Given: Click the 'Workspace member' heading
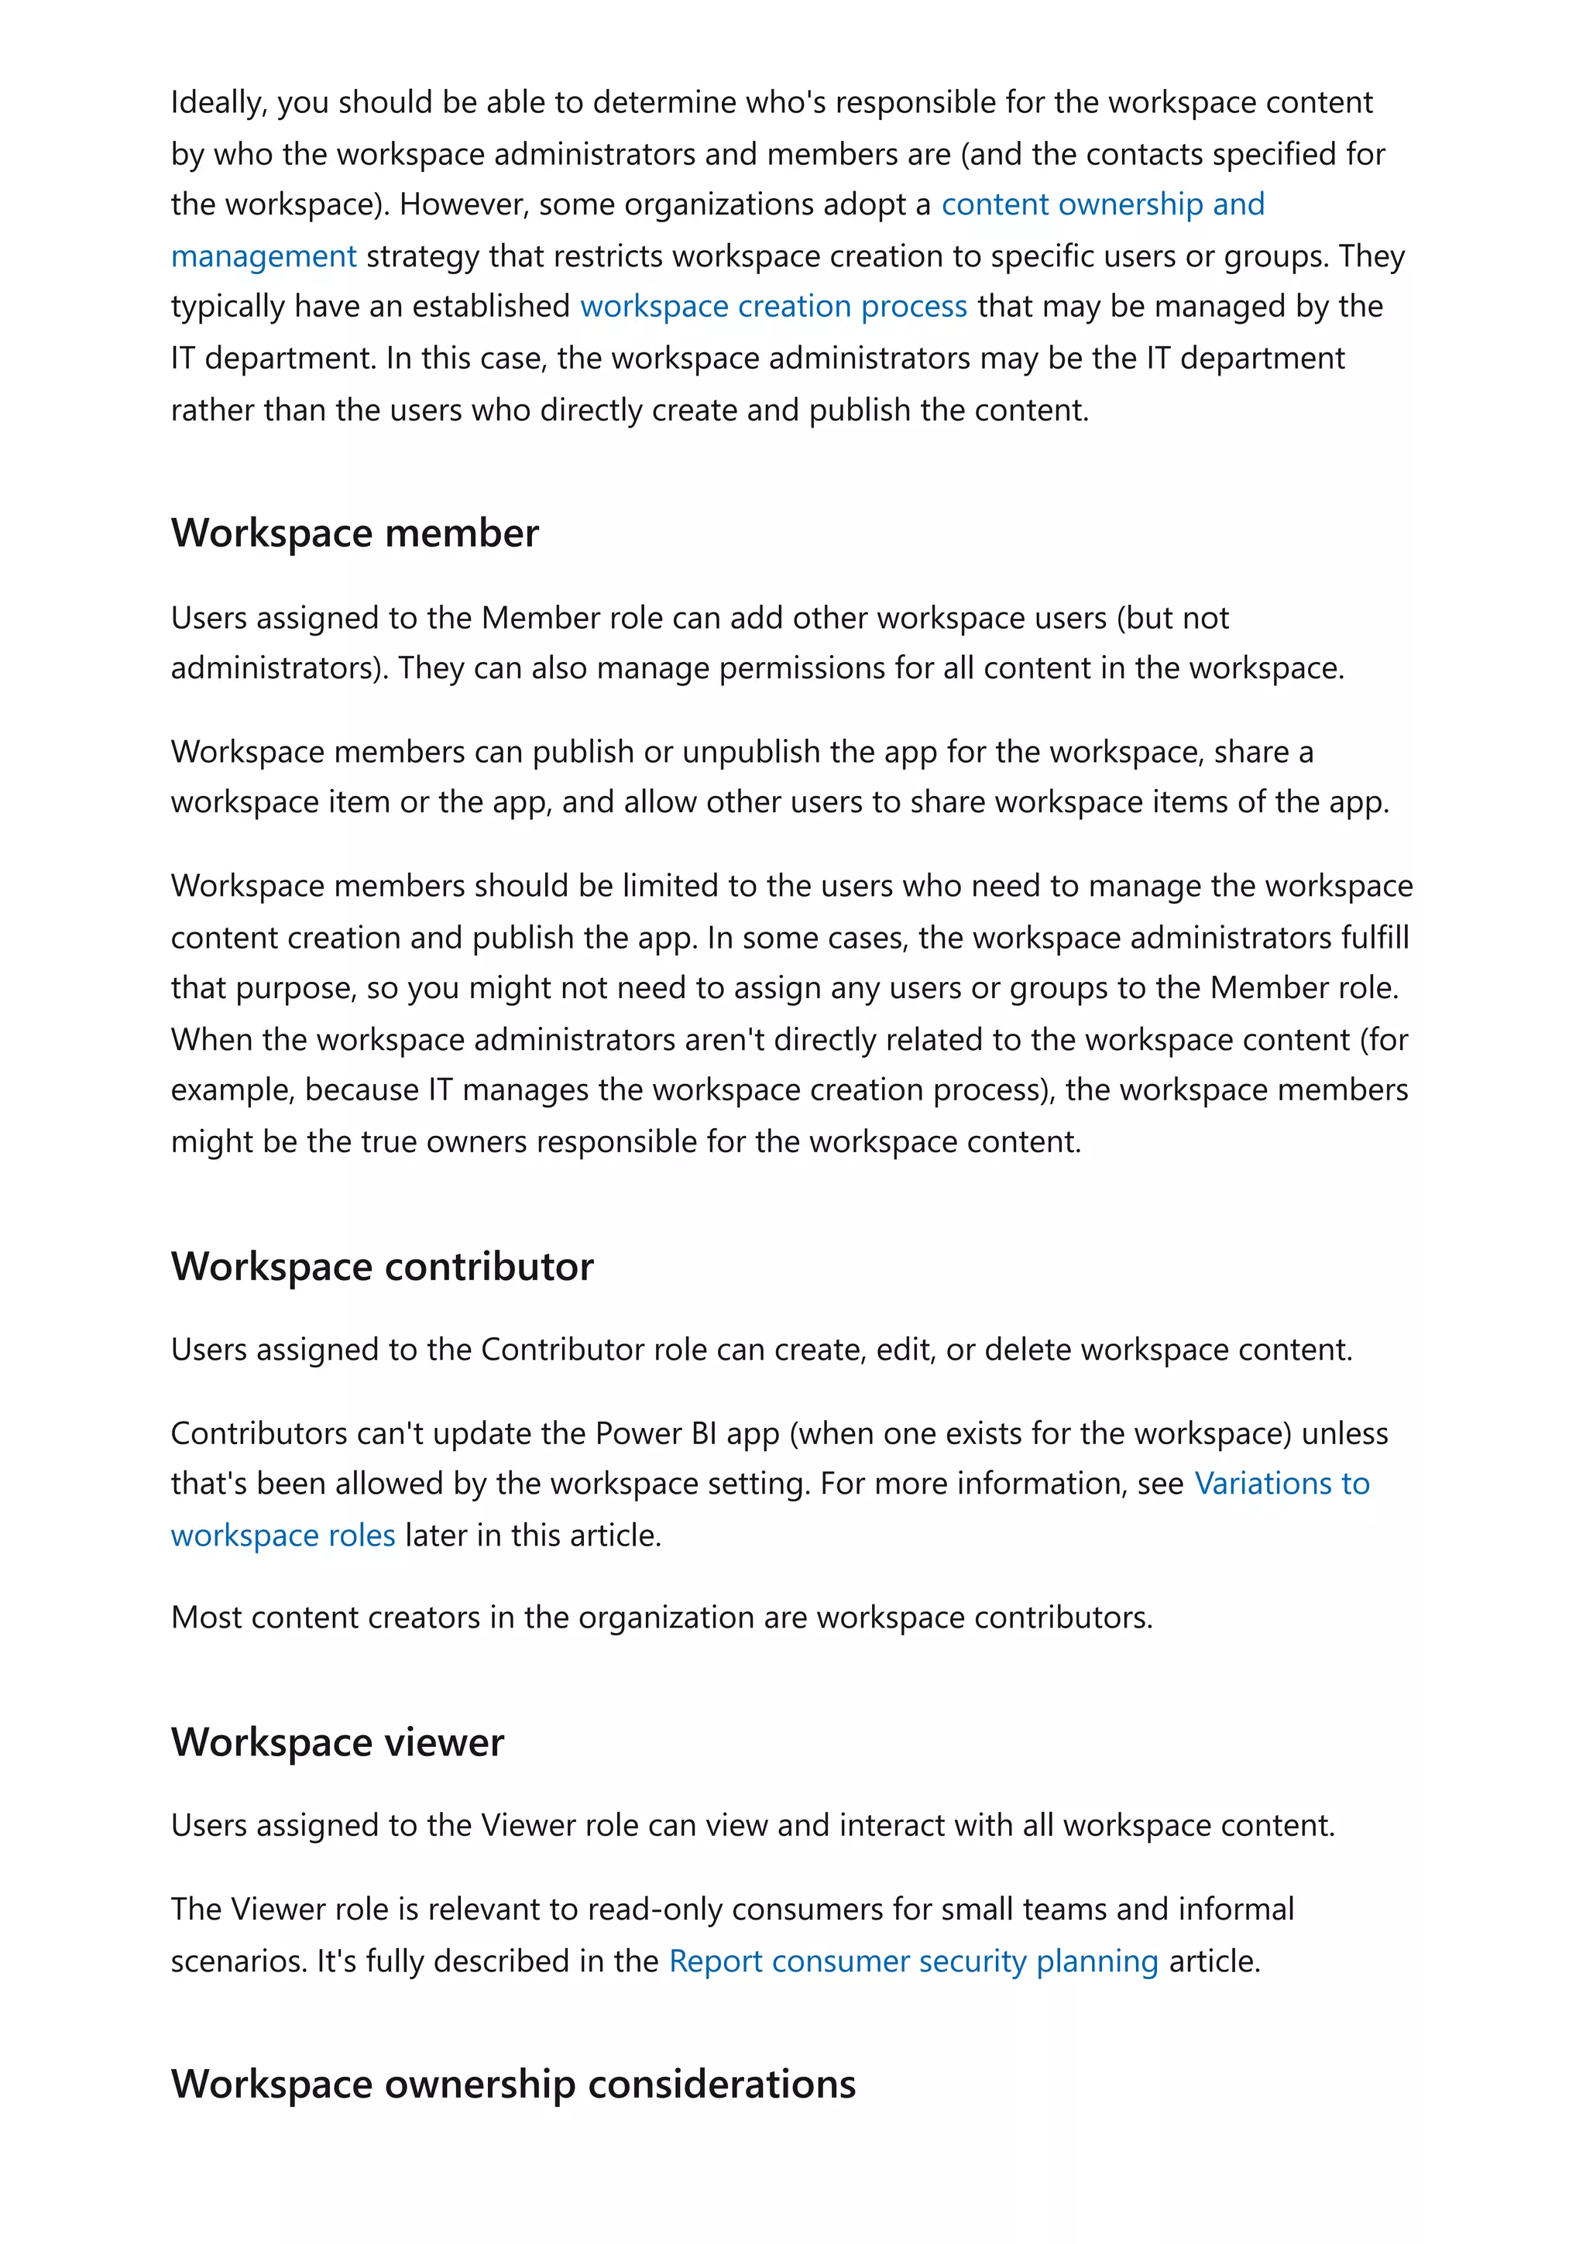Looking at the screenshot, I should click(355, 534).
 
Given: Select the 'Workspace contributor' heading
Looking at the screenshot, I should click(382, 1267).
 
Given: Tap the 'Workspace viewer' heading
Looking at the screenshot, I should click(337, 1742).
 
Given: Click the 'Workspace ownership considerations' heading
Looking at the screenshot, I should click(513, 2084).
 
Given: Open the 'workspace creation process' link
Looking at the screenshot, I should click(773, 307).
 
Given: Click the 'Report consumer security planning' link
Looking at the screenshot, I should click(913, 1961).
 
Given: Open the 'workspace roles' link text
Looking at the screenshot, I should click(283, 1535).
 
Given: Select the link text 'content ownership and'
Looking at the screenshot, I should click(1102, 204).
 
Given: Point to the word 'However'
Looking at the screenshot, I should click(458, 204).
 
